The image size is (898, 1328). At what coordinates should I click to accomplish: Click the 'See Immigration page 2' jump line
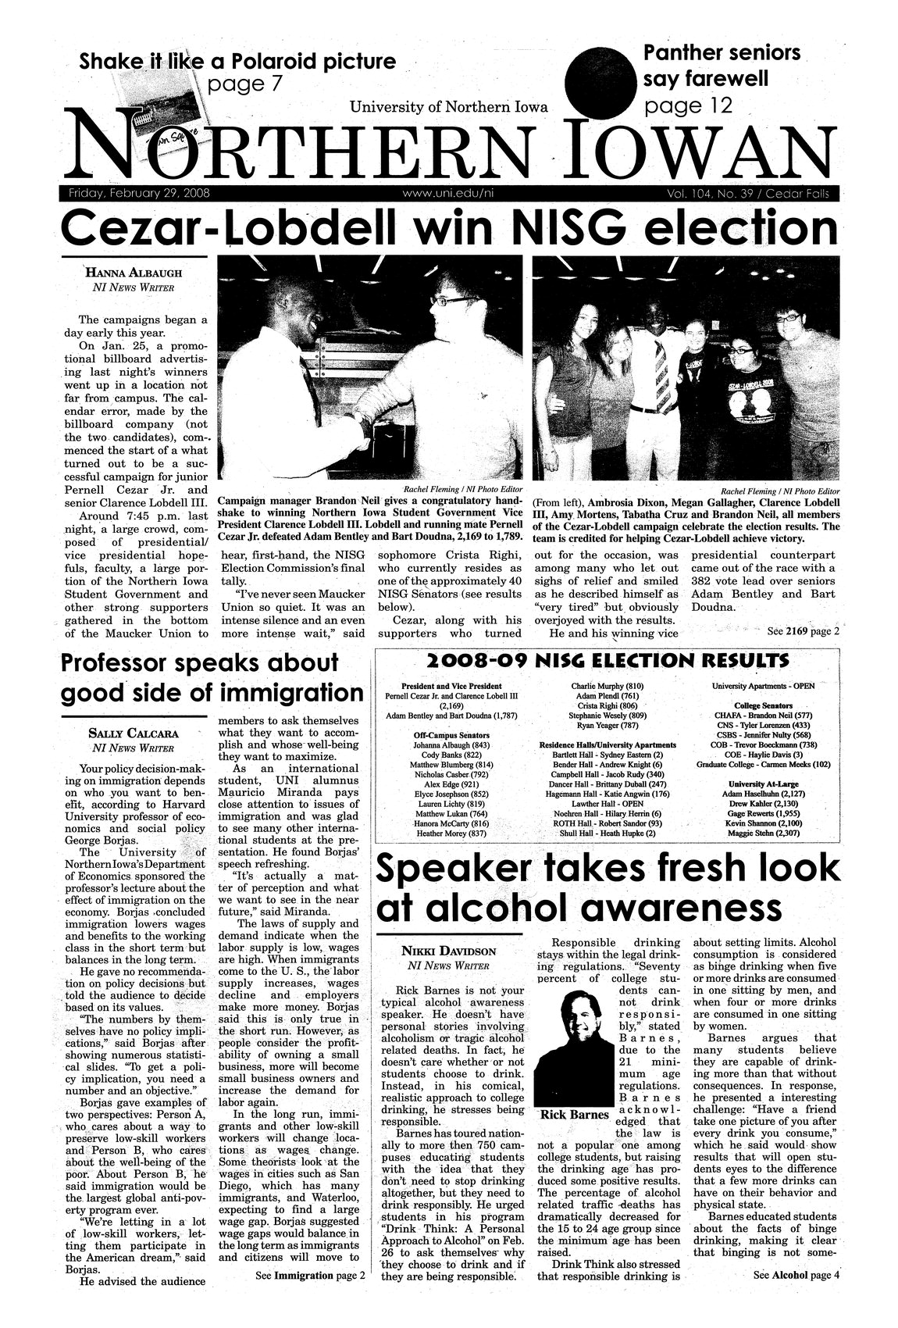tap(310, 1276)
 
